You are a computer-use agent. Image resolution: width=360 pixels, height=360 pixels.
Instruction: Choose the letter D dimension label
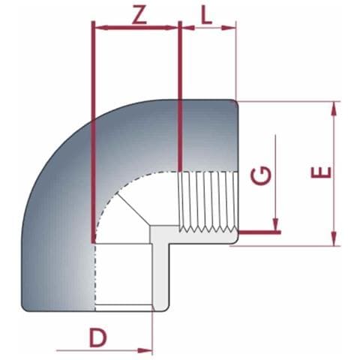98,337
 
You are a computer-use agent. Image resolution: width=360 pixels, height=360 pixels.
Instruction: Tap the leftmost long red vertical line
92,135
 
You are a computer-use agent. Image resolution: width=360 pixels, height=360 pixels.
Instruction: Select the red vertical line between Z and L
180,97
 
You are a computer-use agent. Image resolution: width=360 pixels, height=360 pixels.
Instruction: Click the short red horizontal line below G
259,232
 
